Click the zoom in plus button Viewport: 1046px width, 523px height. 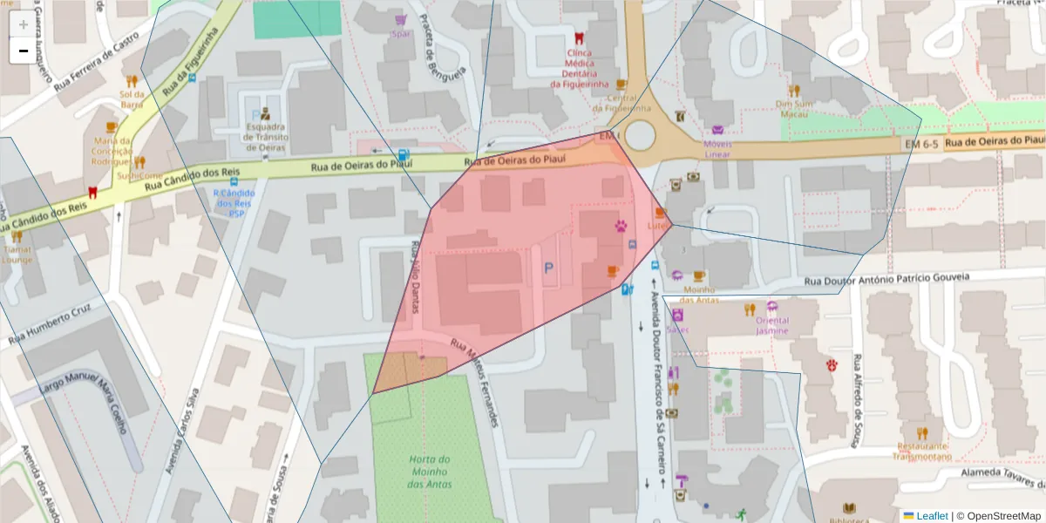(x=23, y=24)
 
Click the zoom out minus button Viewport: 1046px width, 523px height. (x=23, y=51)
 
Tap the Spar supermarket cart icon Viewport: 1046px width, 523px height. (x=400, y=19)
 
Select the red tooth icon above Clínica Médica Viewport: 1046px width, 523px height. (x=578, y=38)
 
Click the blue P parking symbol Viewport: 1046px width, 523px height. (x=548, y=269)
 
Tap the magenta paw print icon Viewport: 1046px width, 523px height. (x=621, y=226)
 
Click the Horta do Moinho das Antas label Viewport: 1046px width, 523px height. (x=429, y=472)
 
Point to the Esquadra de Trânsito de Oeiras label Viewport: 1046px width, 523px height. (x=266, y=137)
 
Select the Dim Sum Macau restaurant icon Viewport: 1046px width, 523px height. (x=794, y=90)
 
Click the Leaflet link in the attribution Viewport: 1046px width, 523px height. (x=932, y=515)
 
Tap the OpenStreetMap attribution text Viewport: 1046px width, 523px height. (x=999, y=515)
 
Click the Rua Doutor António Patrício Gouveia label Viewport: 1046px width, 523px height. (x=886, y=278)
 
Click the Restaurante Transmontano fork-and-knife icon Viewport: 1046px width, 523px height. (x=922, y=432)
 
